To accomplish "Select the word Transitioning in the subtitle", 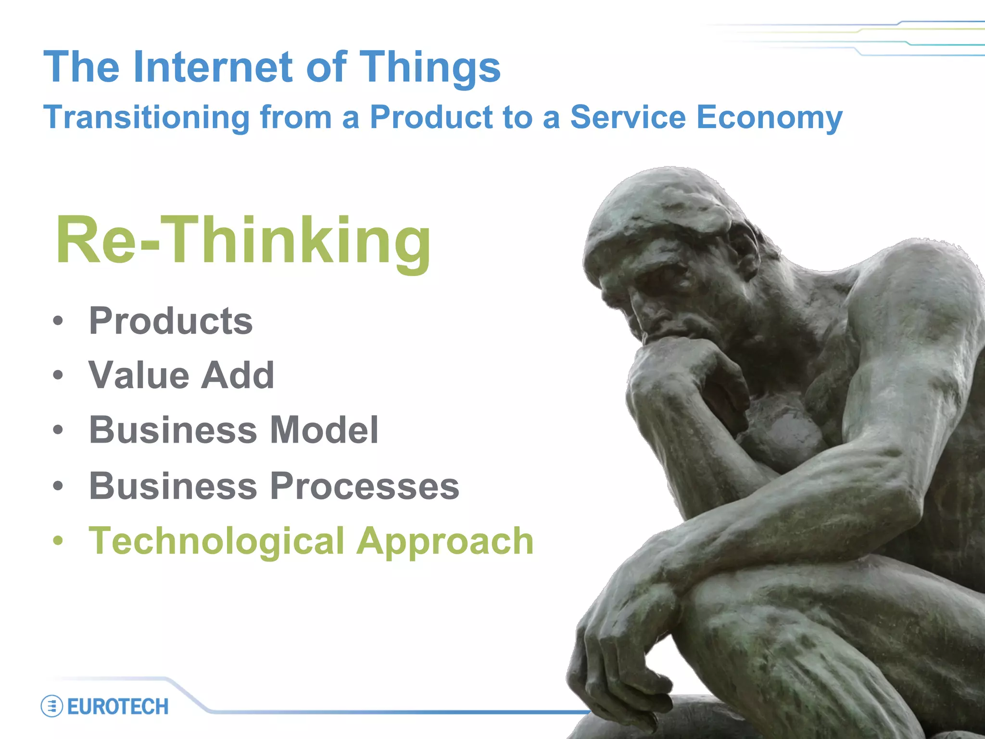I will click(147, 118).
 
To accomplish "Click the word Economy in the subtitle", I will click(769, 118).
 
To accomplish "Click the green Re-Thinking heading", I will click(243, 241).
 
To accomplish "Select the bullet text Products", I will click(171, 321).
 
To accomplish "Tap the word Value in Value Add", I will click(139, 375).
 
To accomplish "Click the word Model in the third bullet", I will click(324, 430).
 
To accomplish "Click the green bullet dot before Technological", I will click(58, 540).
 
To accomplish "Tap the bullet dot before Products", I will click(58, 320).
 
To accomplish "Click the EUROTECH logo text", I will click(118, 707).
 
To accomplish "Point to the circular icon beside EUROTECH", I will click(51, 706).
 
